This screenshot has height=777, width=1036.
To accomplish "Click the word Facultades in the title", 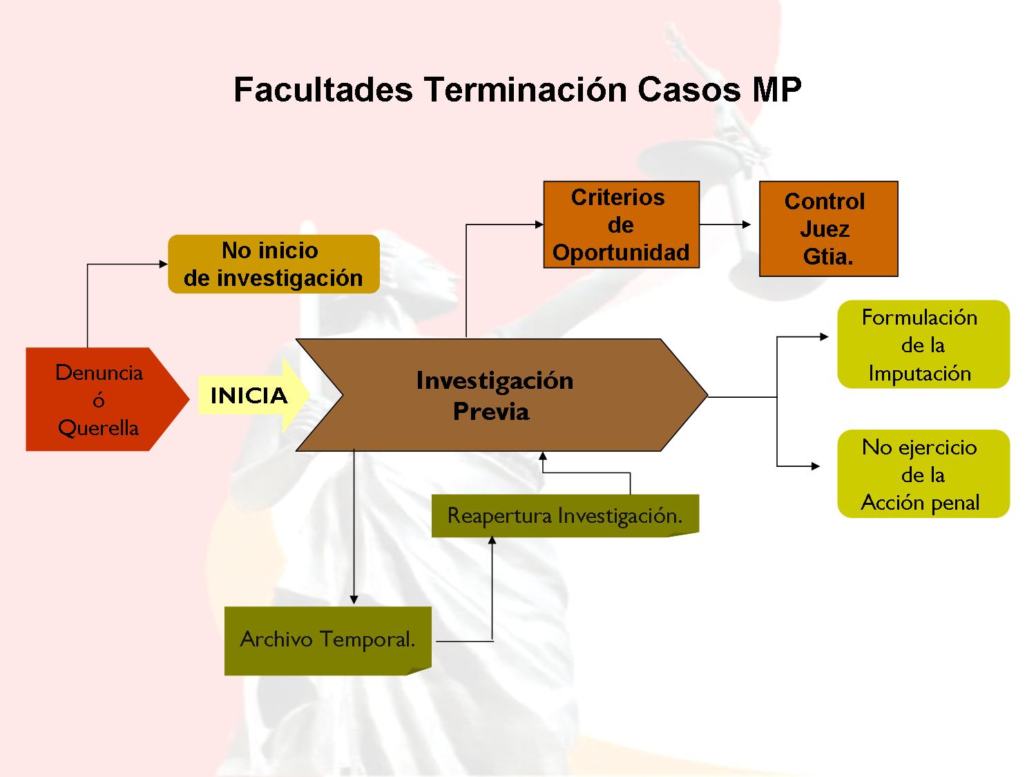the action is click(x=323, y=89).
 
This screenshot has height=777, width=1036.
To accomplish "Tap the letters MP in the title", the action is click(x=776, y=89).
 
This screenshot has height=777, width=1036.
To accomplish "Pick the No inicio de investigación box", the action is click(x=274, y=265).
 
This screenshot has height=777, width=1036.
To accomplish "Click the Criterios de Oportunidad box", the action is click(x=621, y=224).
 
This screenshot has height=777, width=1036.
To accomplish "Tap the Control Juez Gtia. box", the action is click(x=828, y=229).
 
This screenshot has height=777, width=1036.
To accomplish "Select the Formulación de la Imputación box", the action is click(x=923, y=345).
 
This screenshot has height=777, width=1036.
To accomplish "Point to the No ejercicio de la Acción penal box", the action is click(x=923, y=474).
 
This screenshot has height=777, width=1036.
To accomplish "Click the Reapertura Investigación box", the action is click(x=565, y=516).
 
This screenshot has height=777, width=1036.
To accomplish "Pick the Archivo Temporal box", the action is click(x=327, y=641).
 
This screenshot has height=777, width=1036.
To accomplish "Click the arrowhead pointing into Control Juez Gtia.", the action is click(x=747, y=224).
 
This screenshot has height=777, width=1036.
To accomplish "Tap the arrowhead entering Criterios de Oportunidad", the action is click(x=539, y=224).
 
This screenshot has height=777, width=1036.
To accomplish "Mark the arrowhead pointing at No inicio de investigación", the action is click(x=163, y=265).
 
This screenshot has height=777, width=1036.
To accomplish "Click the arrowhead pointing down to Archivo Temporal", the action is click(x=354, y=600).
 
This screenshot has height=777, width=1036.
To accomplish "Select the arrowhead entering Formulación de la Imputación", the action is click(x=825, y=337).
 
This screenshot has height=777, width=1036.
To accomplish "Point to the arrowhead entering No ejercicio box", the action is click(x=816, y=467).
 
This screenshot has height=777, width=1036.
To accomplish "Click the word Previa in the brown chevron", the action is click(x=491, y=412).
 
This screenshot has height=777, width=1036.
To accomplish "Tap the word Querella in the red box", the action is click(x=98, y=428).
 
